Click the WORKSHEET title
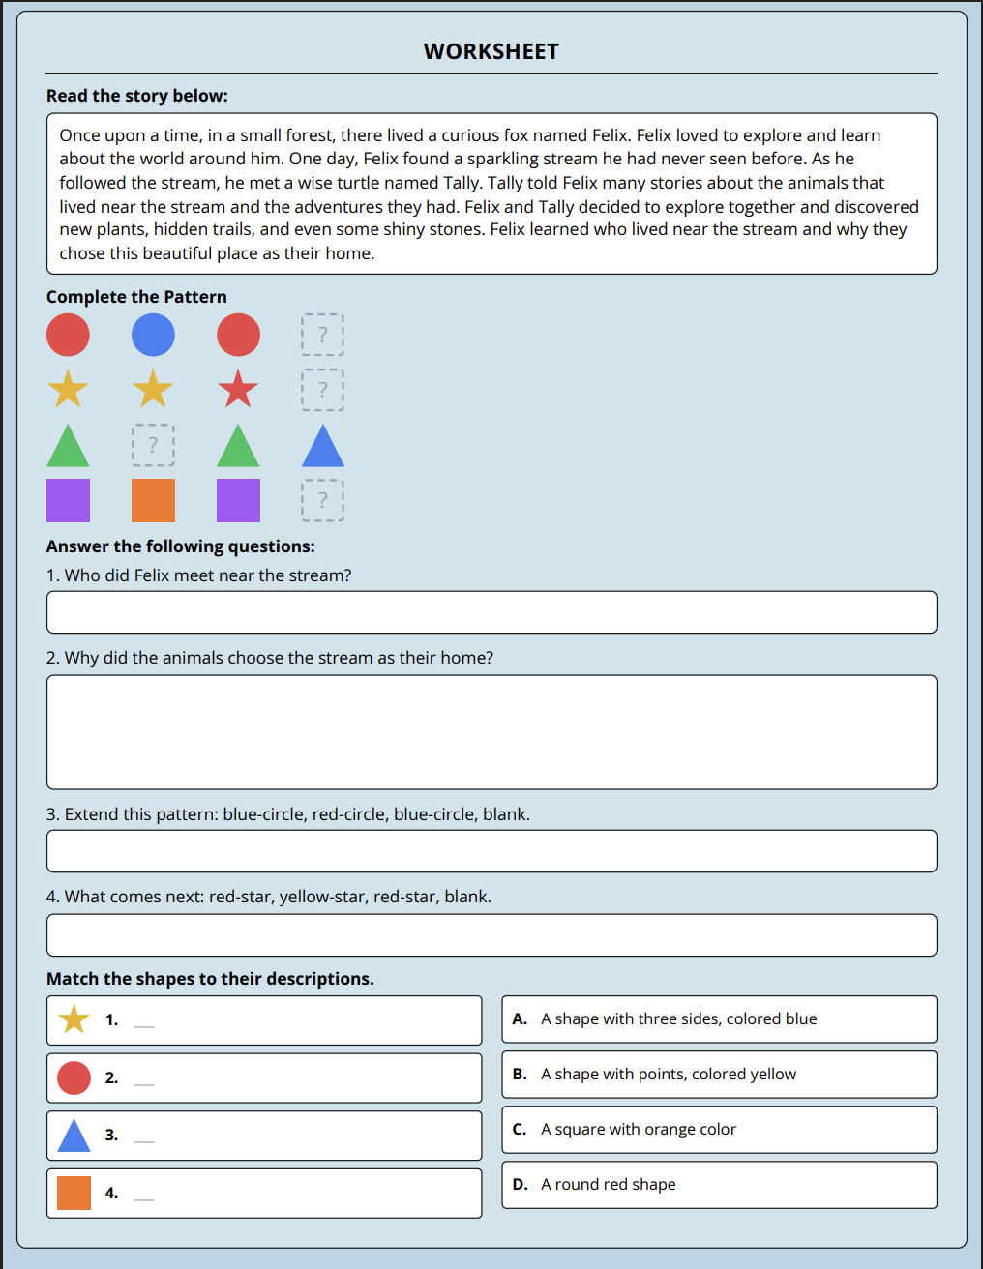(491, 51)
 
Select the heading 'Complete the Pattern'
(136, 297)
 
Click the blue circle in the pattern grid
(153, 335)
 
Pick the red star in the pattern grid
(238, 390)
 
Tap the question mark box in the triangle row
(153, 445)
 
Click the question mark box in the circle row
(323, 335)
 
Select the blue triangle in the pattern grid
(323, 446)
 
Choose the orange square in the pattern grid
(153, 500)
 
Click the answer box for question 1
(491, 612)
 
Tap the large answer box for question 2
(491, 732)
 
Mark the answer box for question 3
(491, 851)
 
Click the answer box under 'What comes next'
(491, 935)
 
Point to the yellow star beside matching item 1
(74, 1019)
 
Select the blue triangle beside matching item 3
(74, 1136)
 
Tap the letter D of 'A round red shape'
(520, 1185)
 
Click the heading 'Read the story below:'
(137, 96)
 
